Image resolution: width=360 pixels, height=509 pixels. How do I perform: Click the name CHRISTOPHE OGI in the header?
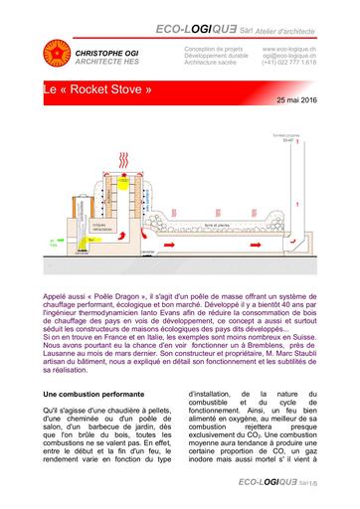coord(105,48)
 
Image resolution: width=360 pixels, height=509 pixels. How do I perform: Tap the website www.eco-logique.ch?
coord(289,48)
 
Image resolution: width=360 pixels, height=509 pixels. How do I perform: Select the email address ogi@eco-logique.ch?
coord(289,55)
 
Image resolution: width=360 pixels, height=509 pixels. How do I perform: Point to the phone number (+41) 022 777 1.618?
coord(289,62)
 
